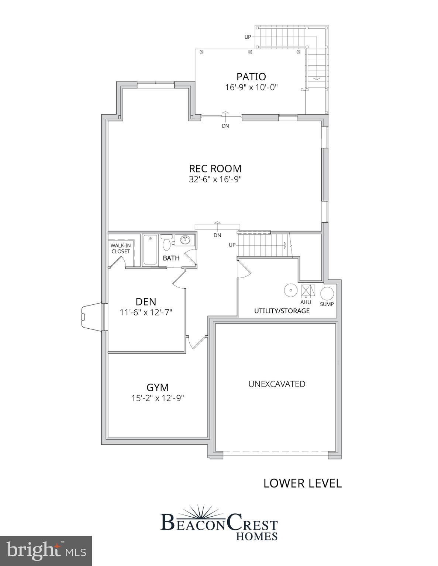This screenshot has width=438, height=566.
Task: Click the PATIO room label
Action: pos(251,77)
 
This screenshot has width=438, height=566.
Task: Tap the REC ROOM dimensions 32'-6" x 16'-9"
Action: pos(215,179)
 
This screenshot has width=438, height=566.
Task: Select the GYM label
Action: pos(158,388)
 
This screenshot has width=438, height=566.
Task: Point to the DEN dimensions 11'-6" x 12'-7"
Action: pos(146,312)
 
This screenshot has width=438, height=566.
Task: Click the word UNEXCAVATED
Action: pos(277,384)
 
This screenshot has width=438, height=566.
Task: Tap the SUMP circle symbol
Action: pos(327,294)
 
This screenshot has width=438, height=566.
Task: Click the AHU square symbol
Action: pos(307,291)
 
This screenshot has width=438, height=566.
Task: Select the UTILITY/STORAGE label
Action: pos(282,311)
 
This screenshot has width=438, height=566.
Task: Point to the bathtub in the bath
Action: pos(150,250)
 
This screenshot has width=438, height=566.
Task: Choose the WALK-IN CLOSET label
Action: pos(120,248)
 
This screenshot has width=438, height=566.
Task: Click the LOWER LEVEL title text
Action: pos(302,483)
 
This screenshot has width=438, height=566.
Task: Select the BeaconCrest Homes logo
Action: pos(219,523)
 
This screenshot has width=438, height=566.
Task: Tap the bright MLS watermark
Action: pos(46,551)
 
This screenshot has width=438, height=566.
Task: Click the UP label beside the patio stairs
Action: pos(248,37)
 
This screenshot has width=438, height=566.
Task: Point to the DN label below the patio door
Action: pos(225,126)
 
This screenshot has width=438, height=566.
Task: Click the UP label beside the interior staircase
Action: pos(232,245)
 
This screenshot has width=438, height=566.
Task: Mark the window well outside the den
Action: pos(90,317)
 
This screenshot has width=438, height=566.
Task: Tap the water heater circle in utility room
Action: pos(291,290)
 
